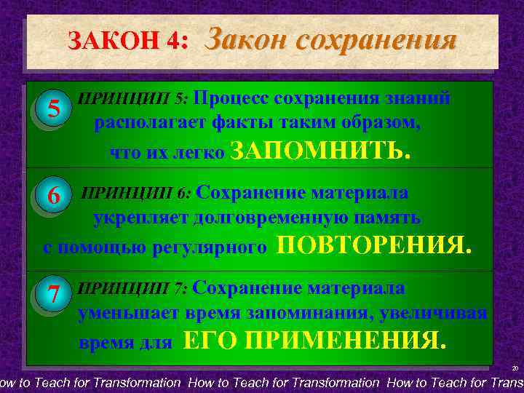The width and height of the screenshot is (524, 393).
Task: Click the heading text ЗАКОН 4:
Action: [x=128, y=41]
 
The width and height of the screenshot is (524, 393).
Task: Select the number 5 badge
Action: [x=52, y=109]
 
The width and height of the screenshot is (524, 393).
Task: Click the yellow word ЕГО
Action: [x=211, y=340]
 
